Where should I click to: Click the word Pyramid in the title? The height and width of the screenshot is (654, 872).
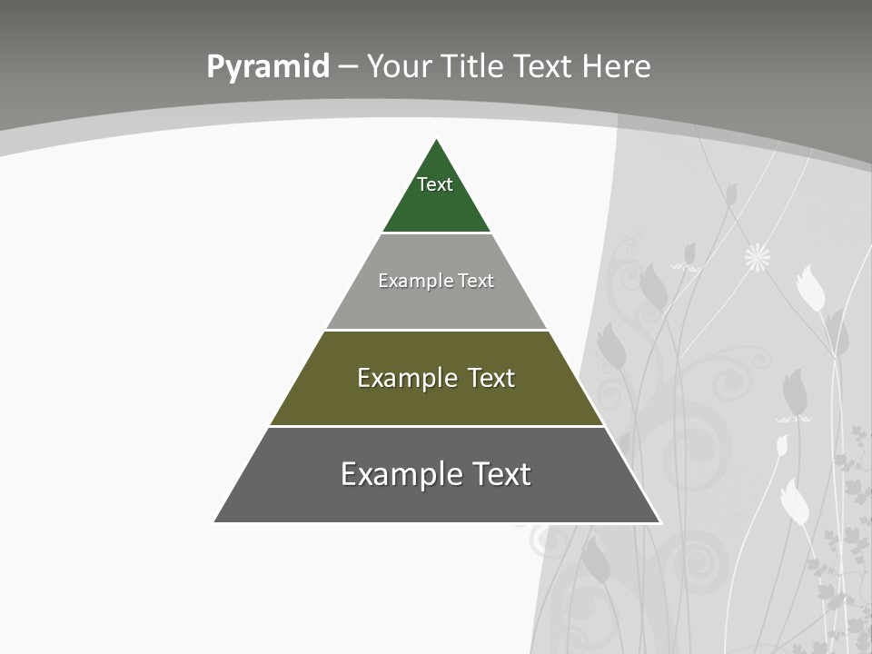(x=268, y=66)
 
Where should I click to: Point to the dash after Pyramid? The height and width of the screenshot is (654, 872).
(x=348, y=67)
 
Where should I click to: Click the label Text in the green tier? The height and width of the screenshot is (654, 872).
(x=435, y=184)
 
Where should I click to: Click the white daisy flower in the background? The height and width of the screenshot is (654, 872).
(x=757, y=258)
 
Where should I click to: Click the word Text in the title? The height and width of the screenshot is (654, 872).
(x=544, y=66)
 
